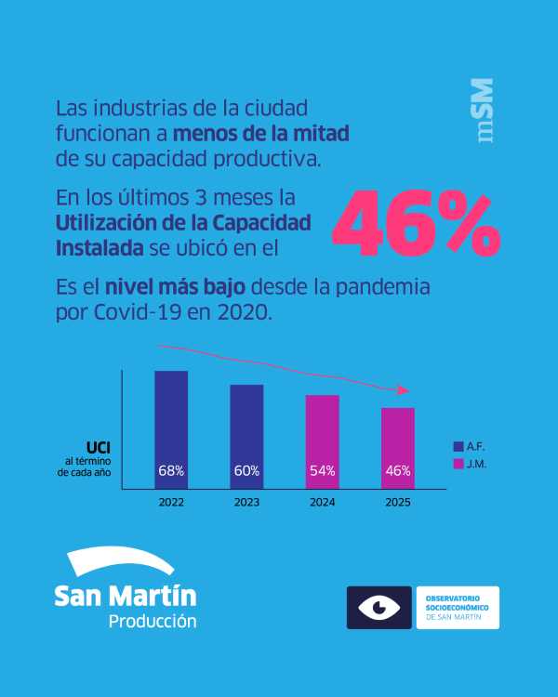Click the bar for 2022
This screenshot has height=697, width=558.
pyautogui.click(x=171, y=429)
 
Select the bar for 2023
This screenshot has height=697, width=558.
pyautogui.click(x=246, y=436)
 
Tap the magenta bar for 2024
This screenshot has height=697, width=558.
pyautogui.click(x=322, y=441)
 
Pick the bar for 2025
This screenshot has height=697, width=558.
pyautogui.click(x=398, y=448)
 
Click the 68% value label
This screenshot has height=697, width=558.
pyautogui.click(x=171, y=471)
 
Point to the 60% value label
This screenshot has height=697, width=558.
pyautogui.click(x=246, y=471)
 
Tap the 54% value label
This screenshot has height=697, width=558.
pyautogui.click(x=322, y=471)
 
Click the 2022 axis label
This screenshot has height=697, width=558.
pyautogui.click(x=171, y=502)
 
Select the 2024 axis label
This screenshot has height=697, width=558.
pyautogui.click(x=322, y=502)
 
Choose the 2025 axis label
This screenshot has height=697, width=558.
pyautogui.click(x=398, y=502)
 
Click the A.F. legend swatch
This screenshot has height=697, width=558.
pyautogui.click(x=458, y=447)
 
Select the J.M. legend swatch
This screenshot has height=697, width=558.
pyautogui.click(x=458, y=464)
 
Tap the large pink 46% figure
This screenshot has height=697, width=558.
pyautogui.click(x=416, y=226)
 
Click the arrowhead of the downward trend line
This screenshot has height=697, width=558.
pyautogui.click(x=403, y=390)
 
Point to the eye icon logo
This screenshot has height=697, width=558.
pyautogui.click(x=379, y=608)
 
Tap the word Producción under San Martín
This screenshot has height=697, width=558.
pyautogui.click(x=153, y=622)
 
